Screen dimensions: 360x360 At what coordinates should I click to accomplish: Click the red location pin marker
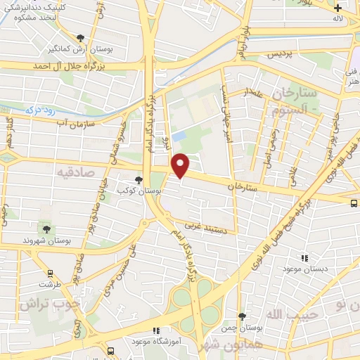click(181, 166)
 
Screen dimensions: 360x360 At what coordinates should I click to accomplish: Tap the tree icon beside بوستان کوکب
click(139, 180)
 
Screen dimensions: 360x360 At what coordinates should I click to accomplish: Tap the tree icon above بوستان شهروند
click(46, 229)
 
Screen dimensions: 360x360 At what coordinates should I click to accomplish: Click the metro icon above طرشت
click(50, 274)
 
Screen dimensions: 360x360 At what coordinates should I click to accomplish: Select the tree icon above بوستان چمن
click(242, 318)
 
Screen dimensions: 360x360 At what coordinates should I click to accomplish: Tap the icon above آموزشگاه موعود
click(156, 330)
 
